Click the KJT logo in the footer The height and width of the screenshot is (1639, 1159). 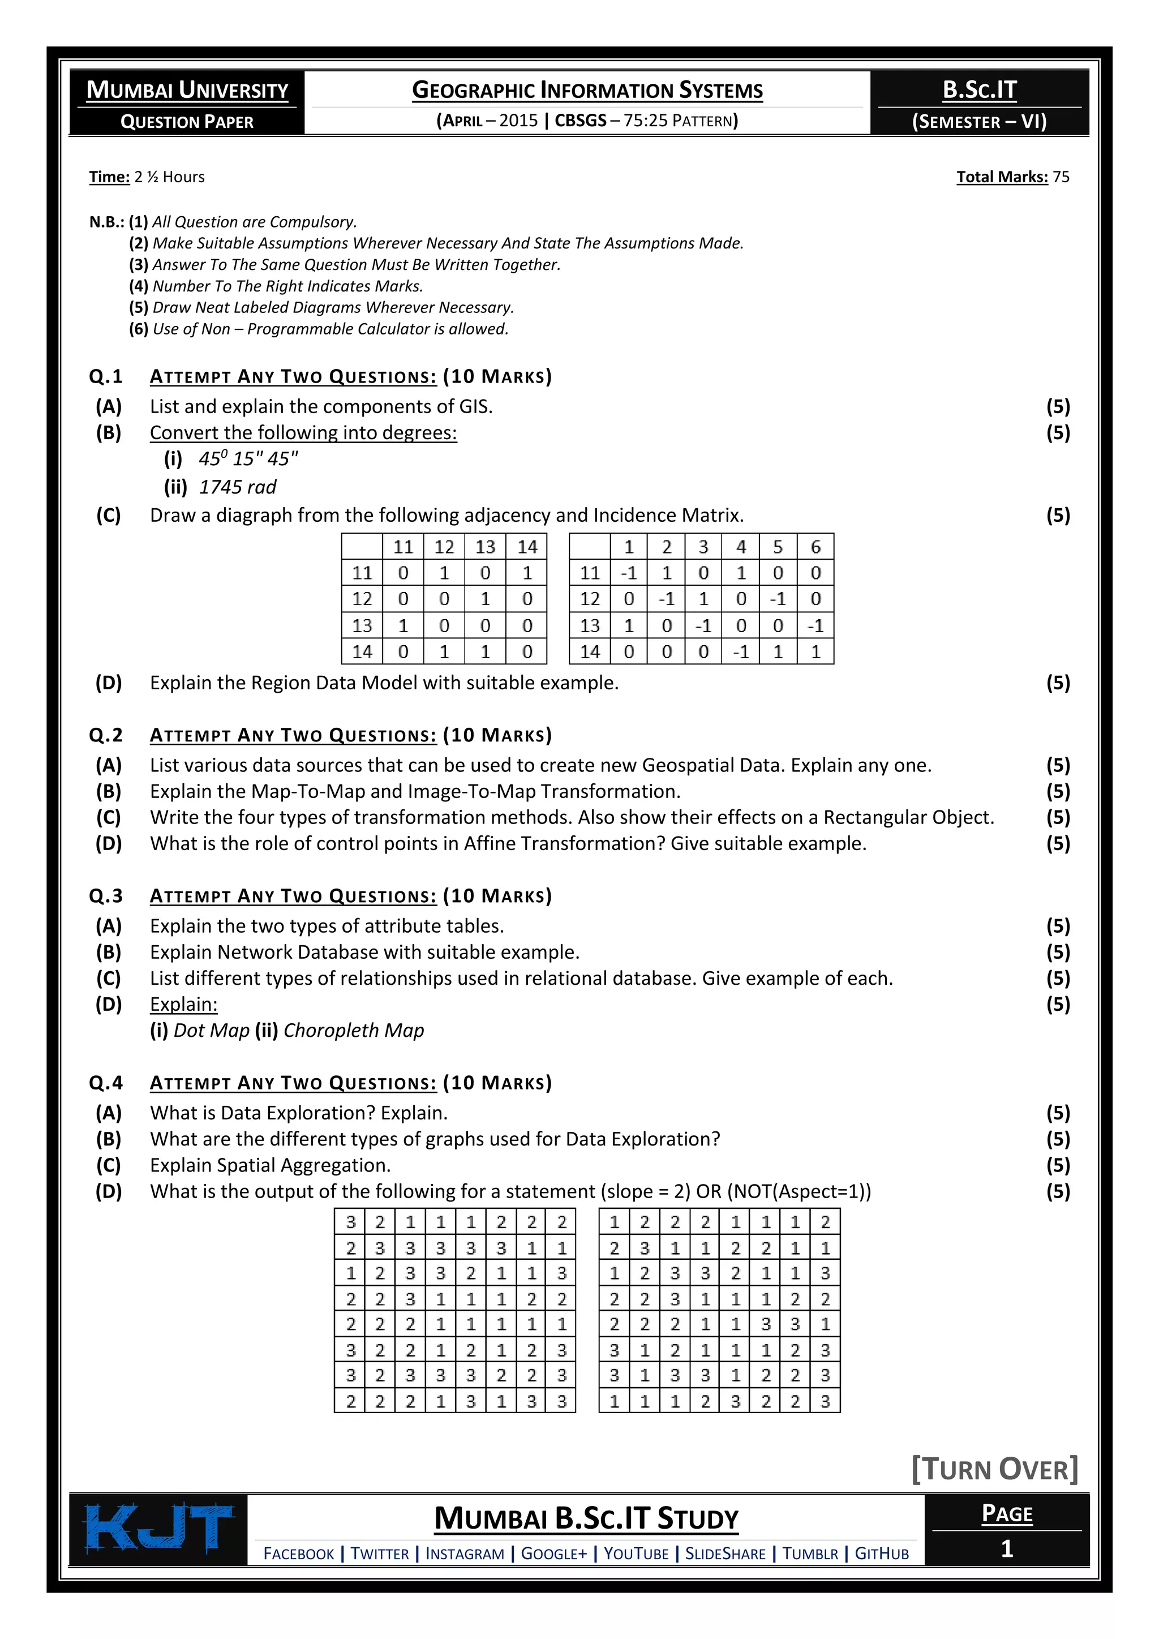158,1528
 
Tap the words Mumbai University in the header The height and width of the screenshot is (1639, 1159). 187,90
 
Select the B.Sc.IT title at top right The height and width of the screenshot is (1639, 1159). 979,89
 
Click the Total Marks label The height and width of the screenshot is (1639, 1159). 1002,177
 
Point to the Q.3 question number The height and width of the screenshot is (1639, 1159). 106,895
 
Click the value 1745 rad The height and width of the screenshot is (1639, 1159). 237,487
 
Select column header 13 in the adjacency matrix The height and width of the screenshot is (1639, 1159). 486,547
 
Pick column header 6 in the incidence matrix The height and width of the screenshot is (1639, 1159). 815,547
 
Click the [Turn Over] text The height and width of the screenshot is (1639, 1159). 995,1469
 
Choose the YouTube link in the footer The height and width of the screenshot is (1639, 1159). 636,1554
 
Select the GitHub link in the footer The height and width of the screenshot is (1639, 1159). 881,1554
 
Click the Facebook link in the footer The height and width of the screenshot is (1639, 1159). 298,1554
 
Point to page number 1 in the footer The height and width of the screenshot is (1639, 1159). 1006,1548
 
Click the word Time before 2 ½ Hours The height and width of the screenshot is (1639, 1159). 109,177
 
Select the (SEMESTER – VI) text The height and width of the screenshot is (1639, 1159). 979,121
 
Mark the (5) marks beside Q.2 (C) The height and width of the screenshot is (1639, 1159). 1058,817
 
